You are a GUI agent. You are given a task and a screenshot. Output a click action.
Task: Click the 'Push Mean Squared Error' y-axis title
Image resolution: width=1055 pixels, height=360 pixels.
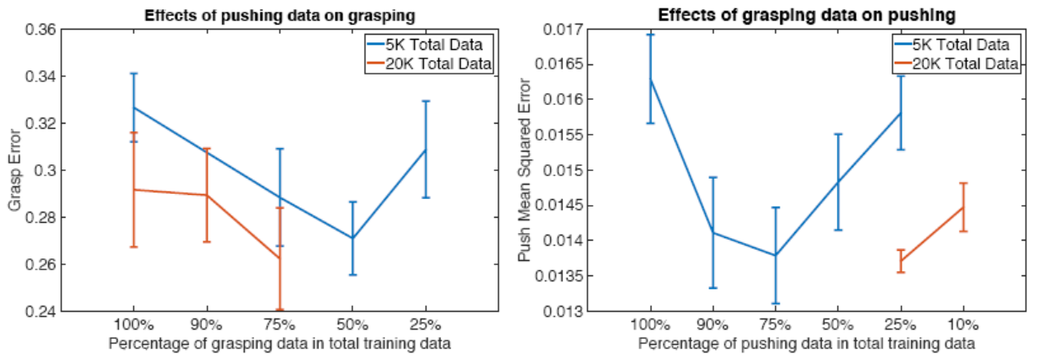[x=527, y=170]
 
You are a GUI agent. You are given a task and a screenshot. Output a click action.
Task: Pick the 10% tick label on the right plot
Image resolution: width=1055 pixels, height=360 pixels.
[x=963, y=325]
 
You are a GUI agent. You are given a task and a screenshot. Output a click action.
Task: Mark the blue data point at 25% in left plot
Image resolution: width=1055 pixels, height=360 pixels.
[x=425, y=150]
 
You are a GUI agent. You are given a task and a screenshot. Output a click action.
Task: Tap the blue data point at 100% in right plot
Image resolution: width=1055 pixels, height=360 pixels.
[x=650, y=80]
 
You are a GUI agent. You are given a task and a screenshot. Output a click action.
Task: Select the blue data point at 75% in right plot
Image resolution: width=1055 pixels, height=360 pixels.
[x=775, y=255]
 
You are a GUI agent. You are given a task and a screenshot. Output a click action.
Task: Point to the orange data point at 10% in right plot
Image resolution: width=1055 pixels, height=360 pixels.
[x=963, y=208]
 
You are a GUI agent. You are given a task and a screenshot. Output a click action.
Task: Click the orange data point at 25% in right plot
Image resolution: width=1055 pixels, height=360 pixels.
[x=900, y=261]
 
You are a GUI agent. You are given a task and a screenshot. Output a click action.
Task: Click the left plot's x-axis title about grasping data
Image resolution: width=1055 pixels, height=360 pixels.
[x=279, y=344]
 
